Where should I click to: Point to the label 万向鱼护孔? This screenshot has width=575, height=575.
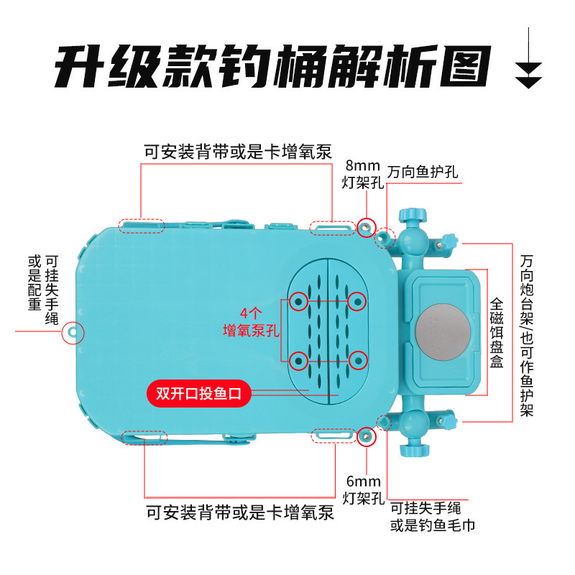click(x=423, y=172)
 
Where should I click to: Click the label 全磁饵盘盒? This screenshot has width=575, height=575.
click(x=496, y=334)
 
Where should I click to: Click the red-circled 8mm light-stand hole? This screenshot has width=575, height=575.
click(x=367, y=226)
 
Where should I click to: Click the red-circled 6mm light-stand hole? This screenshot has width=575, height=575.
click(x=367, y=433)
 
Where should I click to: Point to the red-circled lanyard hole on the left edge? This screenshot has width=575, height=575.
click(x=74, y=332)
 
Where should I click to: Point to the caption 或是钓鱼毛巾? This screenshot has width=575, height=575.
click(x=433, y=525)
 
